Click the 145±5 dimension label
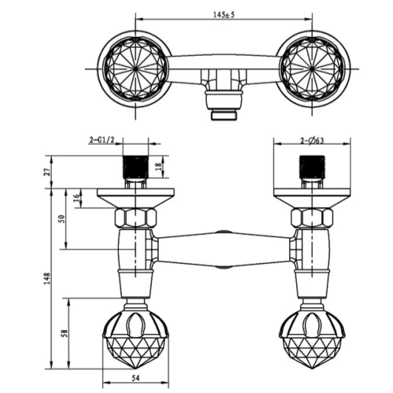click(x=224, y=15)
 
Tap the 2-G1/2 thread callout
click(x=102, y=141)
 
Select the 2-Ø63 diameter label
click(x=312, y=141)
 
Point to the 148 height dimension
click(x=47, y=279)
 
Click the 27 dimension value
click(x=48, y=172)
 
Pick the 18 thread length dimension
click(x=159, y=167)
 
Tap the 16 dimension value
click(x=76, y=198)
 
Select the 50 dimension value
click(x=62, y=219)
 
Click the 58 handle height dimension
click(x=64, y=333)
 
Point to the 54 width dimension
click(x=135, y=378)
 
